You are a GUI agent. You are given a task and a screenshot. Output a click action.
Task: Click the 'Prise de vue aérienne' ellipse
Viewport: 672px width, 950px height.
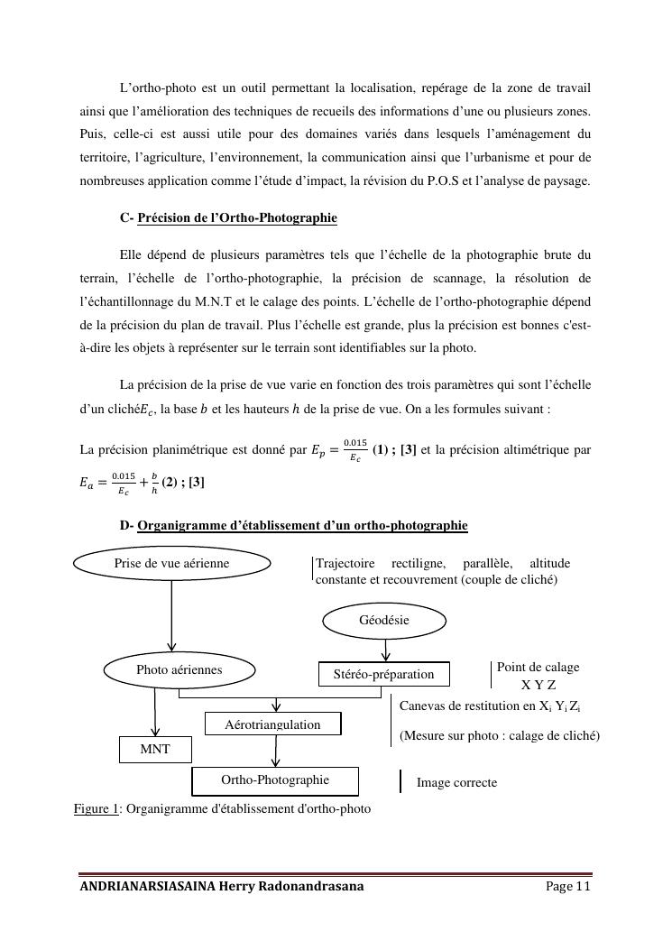(x=171, y=564)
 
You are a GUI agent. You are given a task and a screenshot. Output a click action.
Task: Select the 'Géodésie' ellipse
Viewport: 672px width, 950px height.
(x=384, y=621)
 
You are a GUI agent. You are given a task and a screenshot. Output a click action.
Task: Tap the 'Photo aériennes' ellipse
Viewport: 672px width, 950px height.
(x=179, y=670)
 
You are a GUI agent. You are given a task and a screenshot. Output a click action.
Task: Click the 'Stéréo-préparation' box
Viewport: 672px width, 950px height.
(x=384, y=674)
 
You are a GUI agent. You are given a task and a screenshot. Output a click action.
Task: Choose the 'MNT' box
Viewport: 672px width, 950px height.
(x=155, y=750)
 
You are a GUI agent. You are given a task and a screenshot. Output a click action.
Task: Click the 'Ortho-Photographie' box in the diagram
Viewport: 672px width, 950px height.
(x=275, y=780)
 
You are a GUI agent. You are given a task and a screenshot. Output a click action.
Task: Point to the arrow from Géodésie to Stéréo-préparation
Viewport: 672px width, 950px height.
(x=386, y=650)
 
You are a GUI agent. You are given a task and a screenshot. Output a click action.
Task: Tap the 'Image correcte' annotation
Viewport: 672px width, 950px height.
(x=456, y=783)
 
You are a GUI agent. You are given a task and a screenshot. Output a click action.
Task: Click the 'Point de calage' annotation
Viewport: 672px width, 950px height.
(x=538, y=668)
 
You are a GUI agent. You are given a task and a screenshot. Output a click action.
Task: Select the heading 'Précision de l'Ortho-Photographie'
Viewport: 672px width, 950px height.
(x=237, y=218)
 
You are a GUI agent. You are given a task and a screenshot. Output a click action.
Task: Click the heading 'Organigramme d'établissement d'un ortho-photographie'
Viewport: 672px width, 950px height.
(x=302, y=525)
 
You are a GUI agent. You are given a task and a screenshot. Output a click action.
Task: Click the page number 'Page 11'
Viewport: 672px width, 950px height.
(x=568, y=887)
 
